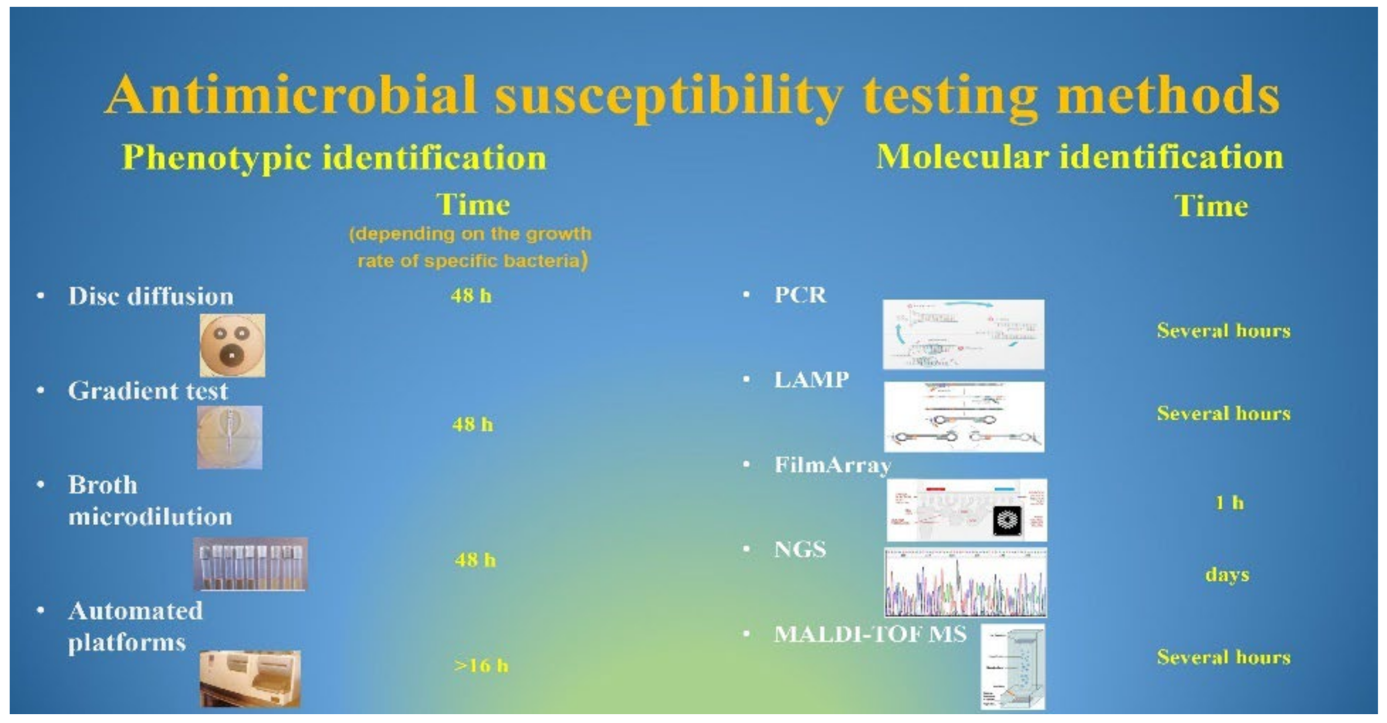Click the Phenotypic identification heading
click(334, 158)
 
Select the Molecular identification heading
click(1079, 157)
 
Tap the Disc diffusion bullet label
click(151, 296)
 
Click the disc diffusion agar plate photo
click(232, 345)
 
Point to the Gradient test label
click(148, 391)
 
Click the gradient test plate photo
click(230, 438)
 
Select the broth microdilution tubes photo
click(250, 564)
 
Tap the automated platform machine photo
click(250, 678)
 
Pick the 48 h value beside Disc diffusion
click(471, 296)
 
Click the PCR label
click(800, 295)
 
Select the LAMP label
click(811, 380)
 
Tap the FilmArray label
click(832, 465)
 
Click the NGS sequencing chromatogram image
click(965, 582)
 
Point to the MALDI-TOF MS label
click(870, 634)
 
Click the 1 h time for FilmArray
click(1229, 503)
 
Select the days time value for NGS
click(1227, 575)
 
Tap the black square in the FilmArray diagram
click(1007, 521)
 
